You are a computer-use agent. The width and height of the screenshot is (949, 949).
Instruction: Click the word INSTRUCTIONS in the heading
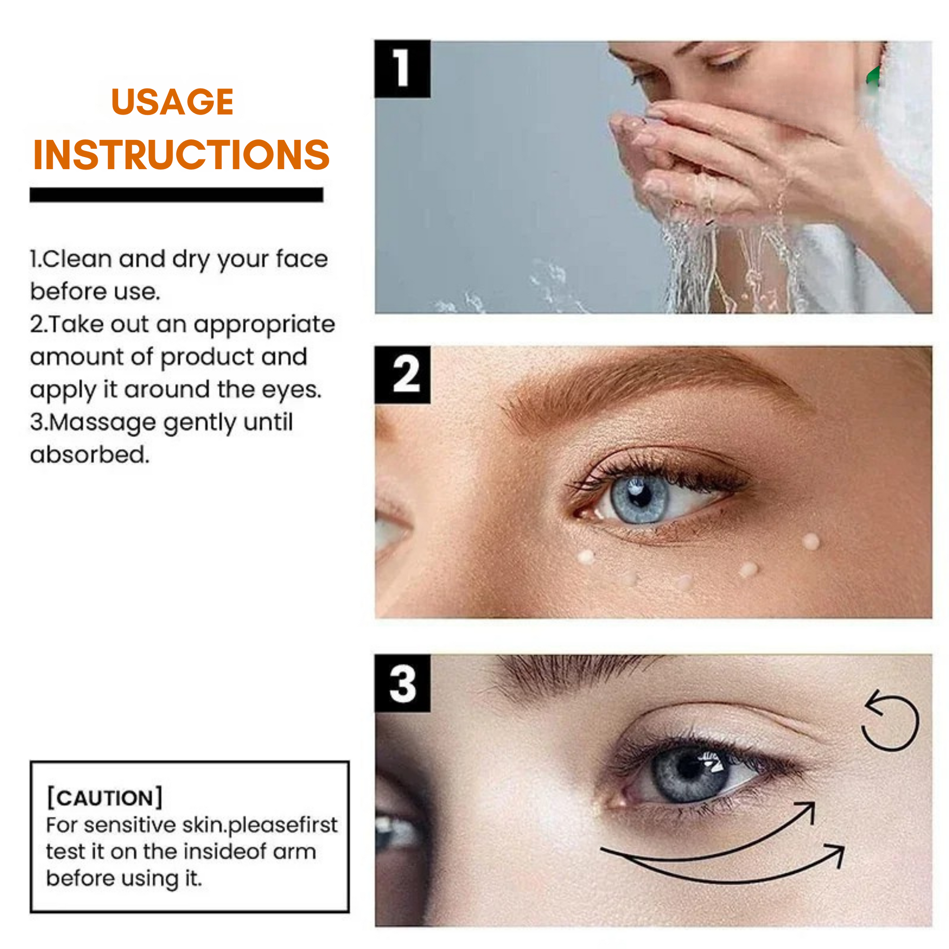pos(181,155)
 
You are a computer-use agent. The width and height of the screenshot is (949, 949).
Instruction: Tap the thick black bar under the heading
pos(177,195)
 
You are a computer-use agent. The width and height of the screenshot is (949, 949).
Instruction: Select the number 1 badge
pos(402,69)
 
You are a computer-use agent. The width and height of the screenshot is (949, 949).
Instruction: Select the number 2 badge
pos(402,375)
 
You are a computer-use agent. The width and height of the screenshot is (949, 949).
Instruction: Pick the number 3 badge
pos(402,683)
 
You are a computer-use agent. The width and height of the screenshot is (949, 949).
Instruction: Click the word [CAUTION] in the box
pos(105,798)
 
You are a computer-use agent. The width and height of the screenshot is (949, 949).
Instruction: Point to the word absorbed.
pos(89,455)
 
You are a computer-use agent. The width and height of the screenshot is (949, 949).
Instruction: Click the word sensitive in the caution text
pos(129,825)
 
